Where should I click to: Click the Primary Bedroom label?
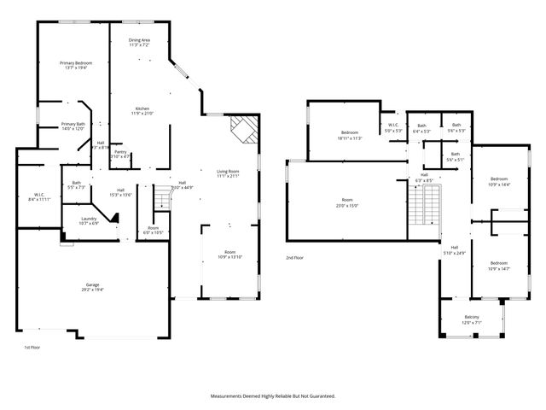pos(76,66)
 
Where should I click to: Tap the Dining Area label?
pos(140,43)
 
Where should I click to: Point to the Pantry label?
pos(121,155)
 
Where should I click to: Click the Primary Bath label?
pos(73,126)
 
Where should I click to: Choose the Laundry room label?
pos(89,220)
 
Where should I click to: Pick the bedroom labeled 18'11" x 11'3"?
pos(350,135)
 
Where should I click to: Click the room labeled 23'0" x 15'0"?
pos(347,203)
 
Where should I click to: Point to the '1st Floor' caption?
pos(32,348)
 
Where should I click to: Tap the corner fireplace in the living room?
pos(244,130)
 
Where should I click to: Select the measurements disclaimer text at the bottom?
pos(273,395)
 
